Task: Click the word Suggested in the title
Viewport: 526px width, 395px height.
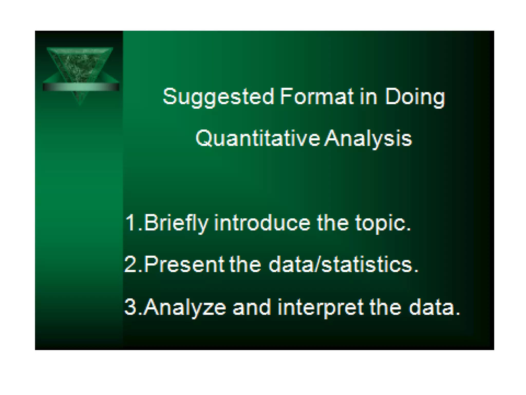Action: pos(218,97)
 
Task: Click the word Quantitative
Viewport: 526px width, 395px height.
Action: pos(258,139)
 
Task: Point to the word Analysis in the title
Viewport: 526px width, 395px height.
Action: pos(368,139)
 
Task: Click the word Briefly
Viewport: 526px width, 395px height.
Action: pos(176,223)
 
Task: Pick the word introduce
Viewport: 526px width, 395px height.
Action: pos(262,223)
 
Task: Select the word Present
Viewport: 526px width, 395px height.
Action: pos(184,265)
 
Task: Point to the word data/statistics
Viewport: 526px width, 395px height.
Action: pos(343,265)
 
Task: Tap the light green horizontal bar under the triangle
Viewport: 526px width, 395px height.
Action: pos(81,87)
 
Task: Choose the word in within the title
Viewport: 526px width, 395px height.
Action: pos(368,97)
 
